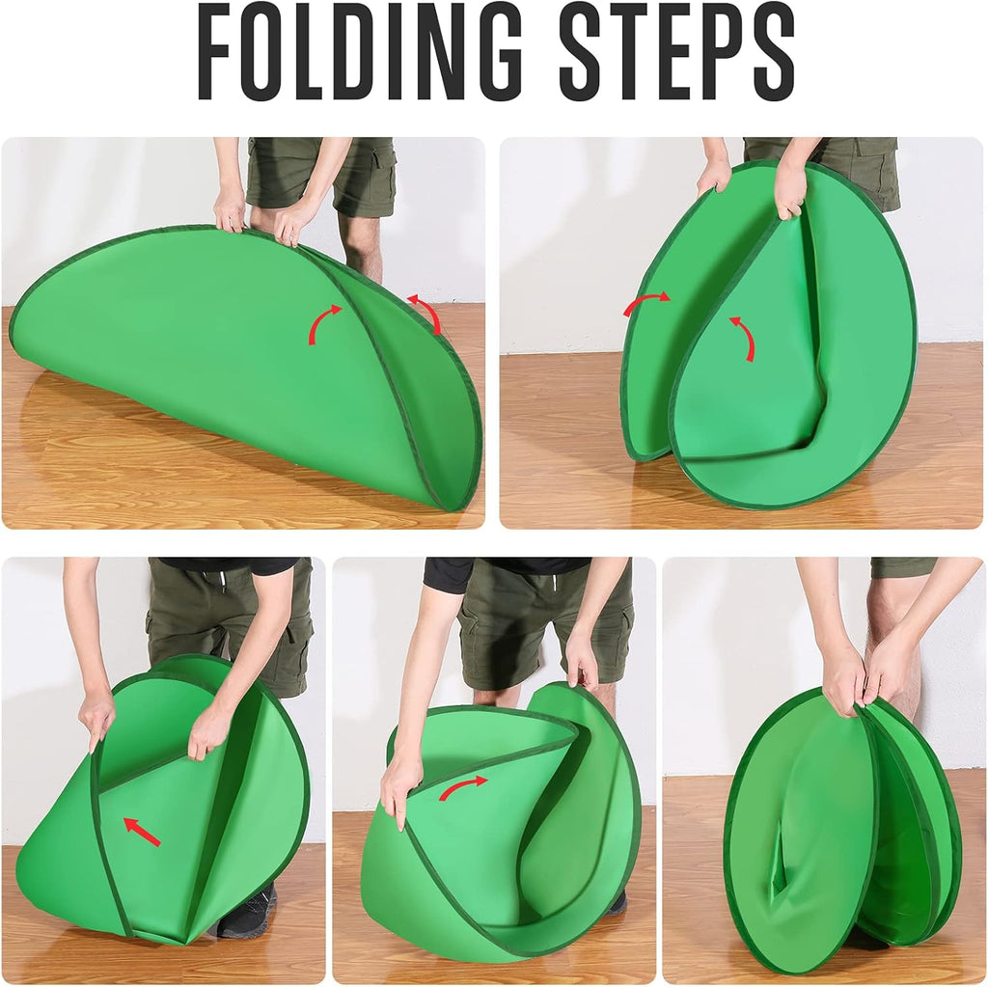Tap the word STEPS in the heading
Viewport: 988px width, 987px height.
pyautogui.click(x=676, y=52)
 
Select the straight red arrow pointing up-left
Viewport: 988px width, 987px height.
pyautogui.click(x=142, y=832)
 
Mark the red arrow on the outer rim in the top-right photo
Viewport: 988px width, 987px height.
pyautogui.click(x=646, y=303)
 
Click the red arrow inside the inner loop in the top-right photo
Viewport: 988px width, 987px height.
pyautogui.click(x=743, y=338)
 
